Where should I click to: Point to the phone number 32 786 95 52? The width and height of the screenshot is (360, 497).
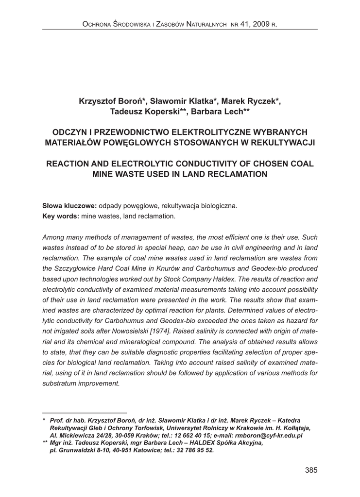(x=193, y=450)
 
